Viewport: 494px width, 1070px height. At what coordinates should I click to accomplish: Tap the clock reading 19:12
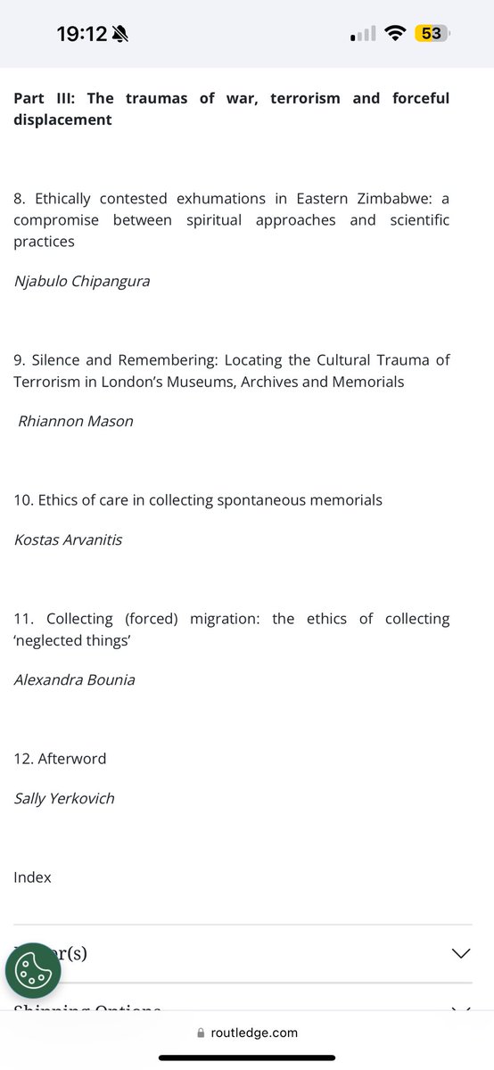click(x=81, y=34)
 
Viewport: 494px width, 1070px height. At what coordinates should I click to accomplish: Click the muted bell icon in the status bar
click(x=120, y=34)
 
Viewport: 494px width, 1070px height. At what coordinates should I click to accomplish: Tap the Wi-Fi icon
click(x=393, y=34)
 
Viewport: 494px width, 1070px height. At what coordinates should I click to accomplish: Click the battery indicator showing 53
click(x=432, y=34)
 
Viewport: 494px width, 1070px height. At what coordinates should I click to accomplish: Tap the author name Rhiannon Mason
click(x=76, y=421)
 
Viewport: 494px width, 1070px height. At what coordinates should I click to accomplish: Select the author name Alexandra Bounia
click(x=74, y=679)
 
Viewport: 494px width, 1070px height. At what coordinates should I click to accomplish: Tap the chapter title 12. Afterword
click(x=60, y=759)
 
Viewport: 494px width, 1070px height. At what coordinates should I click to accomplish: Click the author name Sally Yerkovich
click(x=64, y=798)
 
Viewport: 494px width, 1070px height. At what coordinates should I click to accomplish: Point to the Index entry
click(x=32, y=877)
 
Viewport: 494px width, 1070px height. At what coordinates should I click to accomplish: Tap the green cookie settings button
click(x=33, y=969)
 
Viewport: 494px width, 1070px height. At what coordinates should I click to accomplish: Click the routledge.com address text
click(x=254, y=1033)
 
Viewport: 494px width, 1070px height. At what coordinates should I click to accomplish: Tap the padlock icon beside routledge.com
click(x=201, y=1033)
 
